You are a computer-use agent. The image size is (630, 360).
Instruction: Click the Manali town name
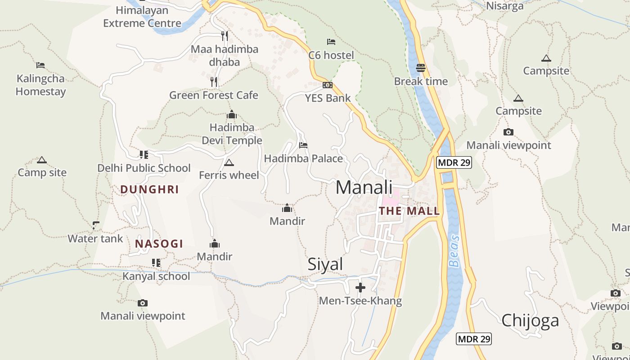click(x=364, y=187)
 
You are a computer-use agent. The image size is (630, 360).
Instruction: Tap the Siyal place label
click(x=325, y=264)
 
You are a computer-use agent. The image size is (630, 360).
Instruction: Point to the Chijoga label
click(x=530, y=320)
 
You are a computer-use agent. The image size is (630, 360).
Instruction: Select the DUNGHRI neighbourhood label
click(x=150, y=189)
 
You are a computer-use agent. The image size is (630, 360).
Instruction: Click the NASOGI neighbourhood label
click(x=159, y=244)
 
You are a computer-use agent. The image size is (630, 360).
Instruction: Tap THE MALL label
click(x=409, y=211)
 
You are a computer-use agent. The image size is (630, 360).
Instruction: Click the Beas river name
click(x=455, y=251)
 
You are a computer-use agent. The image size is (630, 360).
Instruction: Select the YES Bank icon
click(x=328, y=85)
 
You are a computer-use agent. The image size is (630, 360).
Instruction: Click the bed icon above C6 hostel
click(x=331, y=42)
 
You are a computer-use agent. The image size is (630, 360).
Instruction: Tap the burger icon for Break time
click(x=421, y=68)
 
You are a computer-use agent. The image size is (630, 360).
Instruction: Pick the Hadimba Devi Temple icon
click(x=232, y=115)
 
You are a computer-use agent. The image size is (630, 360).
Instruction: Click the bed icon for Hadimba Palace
click(x=303, y=145)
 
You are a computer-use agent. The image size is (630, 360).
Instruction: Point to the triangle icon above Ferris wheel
click(x=229, y=162)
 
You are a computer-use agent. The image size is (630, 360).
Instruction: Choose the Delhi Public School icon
click(x=144, y=155)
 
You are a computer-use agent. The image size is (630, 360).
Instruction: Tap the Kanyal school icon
click(x=156, y=262)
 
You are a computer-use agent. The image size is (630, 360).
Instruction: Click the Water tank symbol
click(x=95, y=225)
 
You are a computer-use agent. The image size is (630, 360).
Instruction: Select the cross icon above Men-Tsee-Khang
click(x=360, y=287)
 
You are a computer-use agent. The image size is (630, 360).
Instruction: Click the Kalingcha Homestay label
click(x=41, y=85)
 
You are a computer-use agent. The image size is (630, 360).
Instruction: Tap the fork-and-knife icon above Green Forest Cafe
click(x=214, y=81)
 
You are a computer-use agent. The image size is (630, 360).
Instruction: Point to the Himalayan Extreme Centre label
click(x=142, y=17)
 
